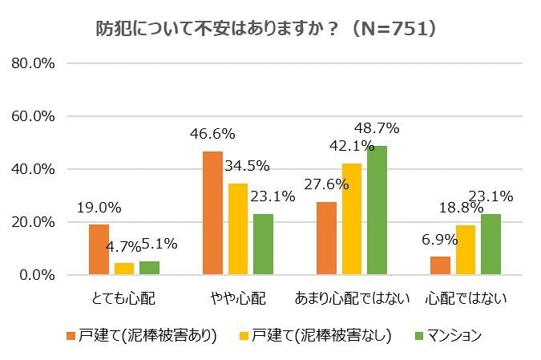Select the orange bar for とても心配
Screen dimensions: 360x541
[99, 249]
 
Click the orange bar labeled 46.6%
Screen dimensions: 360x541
[212, 212]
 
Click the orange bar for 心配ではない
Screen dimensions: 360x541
[440, 265]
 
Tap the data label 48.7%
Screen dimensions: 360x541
[377, 127]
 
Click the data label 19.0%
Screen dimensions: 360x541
[99, 207]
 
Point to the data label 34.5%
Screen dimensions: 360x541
[247, 166]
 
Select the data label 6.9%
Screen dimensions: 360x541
[439, 239]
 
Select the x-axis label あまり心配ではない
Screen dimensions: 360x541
[353, 299]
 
